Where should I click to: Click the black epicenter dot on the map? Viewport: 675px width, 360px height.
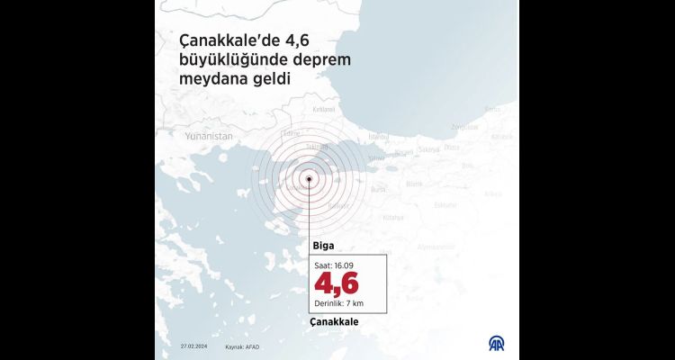tap(310, 178)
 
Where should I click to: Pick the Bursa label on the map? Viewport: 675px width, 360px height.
tap(379, 189)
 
